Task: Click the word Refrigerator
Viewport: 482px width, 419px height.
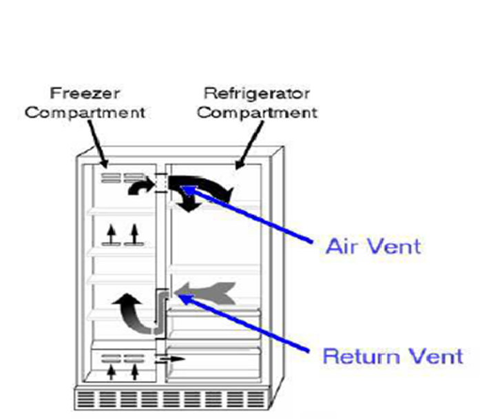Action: click(x=258, y=92)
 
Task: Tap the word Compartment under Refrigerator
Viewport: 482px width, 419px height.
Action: click(x=258, y=112)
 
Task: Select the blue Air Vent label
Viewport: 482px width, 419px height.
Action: click(x=373, y=246)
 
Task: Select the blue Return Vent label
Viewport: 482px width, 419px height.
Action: click(x=392, y=356)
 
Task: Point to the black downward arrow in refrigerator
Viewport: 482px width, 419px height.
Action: click(x=188, y=203)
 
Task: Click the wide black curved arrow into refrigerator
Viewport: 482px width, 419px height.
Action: click(x=207, y=185)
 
